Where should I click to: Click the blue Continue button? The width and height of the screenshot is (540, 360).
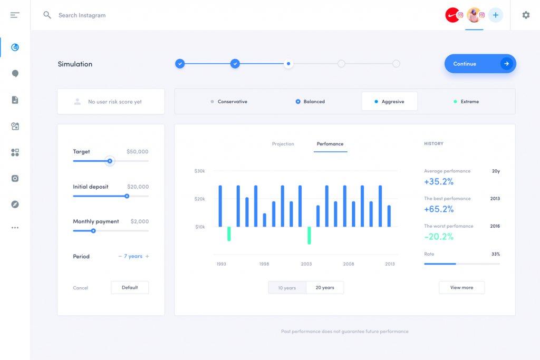[x=480, y=64]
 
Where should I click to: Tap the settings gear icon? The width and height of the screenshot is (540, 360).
[x=526, y=15]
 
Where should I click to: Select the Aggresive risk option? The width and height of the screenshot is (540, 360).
[x=390, y=101]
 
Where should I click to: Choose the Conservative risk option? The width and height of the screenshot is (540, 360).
[x=229, y=102]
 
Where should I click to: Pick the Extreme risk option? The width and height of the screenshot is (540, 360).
[x=466, y=102]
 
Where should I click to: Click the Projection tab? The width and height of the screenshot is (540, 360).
[x=283, y=144]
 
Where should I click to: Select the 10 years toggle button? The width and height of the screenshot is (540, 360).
[x=287, y=288]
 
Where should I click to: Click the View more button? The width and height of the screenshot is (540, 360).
[x=461, y=287]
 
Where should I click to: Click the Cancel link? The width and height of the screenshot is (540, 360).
[x=81, y=288]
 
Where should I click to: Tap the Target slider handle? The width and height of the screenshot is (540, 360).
[x=110, y=161]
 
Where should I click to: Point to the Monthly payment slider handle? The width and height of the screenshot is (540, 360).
[x=93, y=231]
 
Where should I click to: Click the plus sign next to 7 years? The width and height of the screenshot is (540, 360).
[x=147, y=256]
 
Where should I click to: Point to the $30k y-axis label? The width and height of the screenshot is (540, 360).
[x=200, y=171]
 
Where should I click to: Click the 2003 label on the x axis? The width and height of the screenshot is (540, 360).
[x=306, y=264]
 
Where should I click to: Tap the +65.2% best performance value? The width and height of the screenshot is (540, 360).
[x=439, y=209]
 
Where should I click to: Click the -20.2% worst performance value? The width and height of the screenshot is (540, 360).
[x=439, y=237]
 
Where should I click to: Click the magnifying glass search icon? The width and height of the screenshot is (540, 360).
[x=47, y=15]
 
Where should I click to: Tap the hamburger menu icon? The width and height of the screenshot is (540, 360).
[x=15, y=15]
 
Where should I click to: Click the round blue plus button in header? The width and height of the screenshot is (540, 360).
[x=496, y=15]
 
